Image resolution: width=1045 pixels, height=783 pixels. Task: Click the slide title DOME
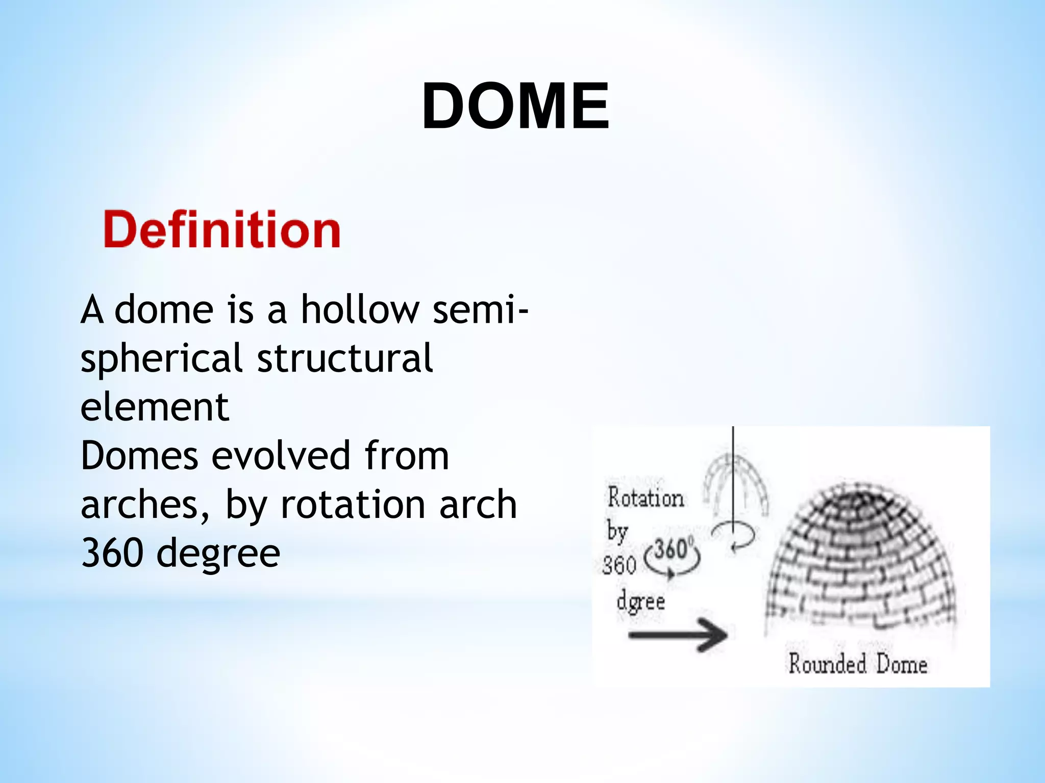pyautogui.click(x=515, y=107)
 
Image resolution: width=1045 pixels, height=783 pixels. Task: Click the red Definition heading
pyautogui.click(x=222, y=230)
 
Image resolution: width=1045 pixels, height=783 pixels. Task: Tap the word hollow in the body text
pyautogui.click(x=359, y=309)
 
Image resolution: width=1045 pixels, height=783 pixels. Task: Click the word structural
pyautogui.click(x=345, y=358)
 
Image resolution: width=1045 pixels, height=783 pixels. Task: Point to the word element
pyautogui.click(x=155, y=407)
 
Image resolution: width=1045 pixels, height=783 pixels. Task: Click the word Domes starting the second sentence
pyautogui.click(x=139, y=455)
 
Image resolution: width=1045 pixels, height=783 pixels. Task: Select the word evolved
pyautogui.click(x=281, y=455)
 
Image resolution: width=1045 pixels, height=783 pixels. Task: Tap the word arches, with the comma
pyautogui.click(x=145, y=505)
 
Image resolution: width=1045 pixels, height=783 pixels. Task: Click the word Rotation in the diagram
pyautogui.click(x=645, y=498)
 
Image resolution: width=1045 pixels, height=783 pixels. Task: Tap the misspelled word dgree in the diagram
pyautogui.click(x=640, y=602)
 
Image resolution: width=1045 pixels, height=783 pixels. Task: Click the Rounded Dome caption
pyautogui.click(x=858, y=664)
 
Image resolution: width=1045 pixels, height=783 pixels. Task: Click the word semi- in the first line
pyautogui.click(x=480, y=309)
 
